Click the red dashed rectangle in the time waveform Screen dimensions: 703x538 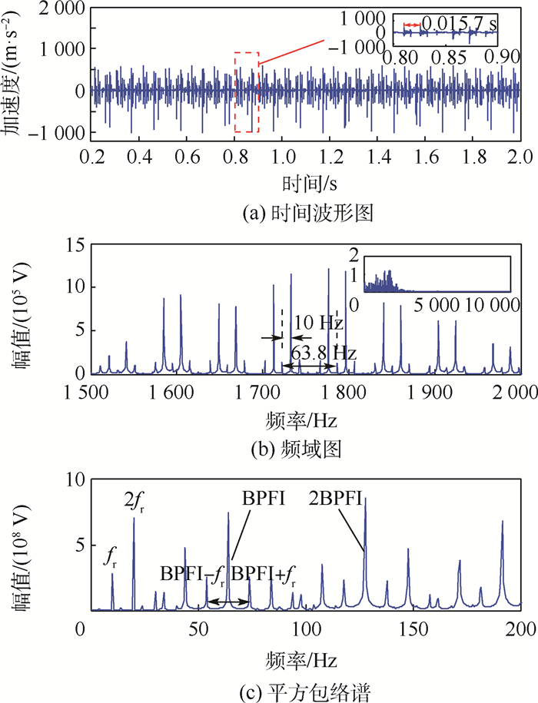[x=247, y=92]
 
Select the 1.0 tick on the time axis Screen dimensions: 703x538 [x=284, y=156]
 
